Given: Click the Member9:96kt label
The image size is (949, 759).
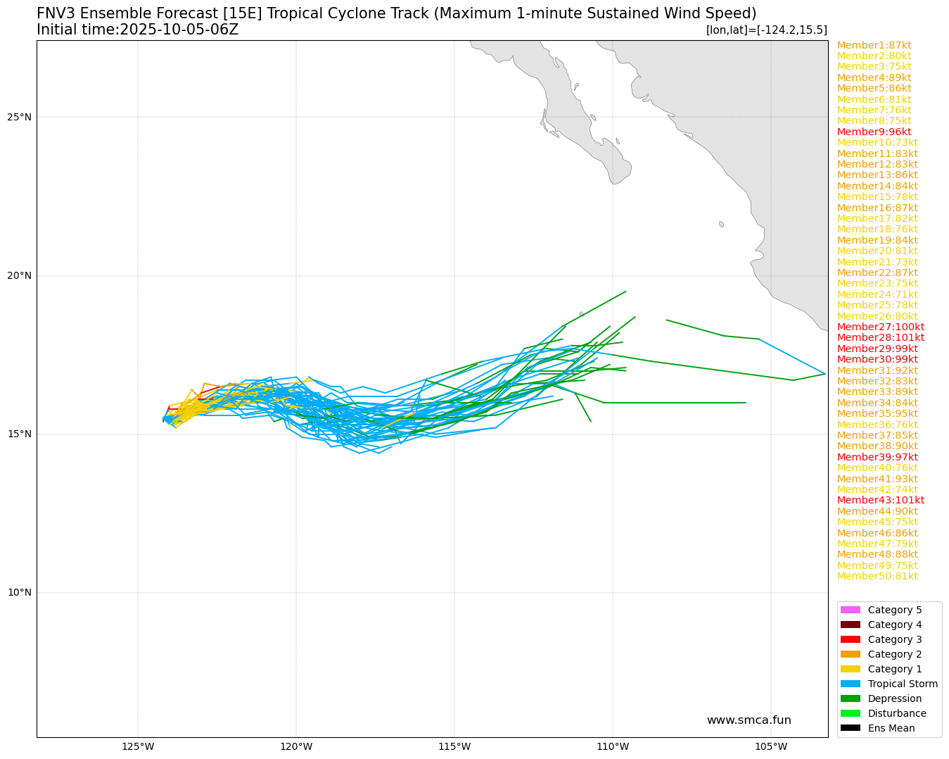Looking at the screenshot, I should pyautogui.click(x=874, y=132).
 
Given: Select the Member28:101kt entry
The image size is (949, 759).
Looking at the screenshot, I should pyautogui.click(x=881, y=337).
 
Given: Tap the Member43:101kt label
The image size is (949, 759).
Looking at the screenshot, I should pyautogui.click(x=881, y=500).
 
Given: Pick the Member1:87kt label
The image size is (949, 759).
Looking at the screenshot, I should pyautogui.click(x=874, y=45).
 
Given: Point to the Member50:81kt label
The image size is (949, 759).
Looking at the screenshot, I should pyautogui.click(x=877, y=576).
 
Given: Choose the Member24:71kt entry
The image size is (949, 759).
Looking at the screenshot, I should pyautogui.click(x=877, y=294).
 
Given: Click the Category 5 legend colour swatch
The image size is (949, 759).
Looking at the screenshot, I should pyautogui.click(x=851, y=610).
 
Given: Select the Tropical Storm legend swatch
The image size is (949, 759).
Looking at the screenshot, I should pyautogui.click(x=851, y=684).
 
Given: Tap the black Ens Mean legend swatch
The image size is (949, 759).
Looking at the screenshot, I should pyautogui.click(x=851, y=728).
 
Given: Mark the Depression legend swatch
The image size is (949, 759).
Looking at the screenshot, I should pyautogui.click(x=851, y=698).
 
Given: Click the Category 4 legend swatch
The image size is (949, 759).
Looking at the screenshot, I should pyautogui.click(x=851, y=625).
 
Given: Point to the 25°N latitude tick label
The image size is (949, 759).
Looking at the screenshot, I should pyautogui.click(x=20, y=117).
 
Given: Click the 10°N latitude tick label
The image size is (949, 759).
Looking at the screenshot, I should pyautogui.click(x=20, y=592).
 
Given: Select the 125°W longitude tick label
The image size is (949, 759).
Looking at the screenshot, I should pyautogui.click(x=138, y=746).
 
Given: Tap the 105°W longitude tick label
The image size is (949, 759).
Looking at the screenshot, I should pyautogui.click(x=770, y=746).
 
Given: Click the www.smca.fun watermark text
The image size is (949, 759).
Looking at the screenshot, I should pyautogui.click(x=749, y=720).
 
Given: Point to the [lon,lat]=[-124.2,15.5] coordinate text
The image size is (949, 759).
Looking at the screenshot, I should pyautogui.click(x=766, y=30).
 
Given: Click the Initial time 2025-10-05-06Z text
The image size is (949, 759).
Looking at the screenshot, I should pyautogui.click(x=138, y=30).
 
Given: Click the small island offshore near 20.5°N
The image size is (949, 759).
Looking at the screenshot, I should pyautogui.click(x=721, y=224).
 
